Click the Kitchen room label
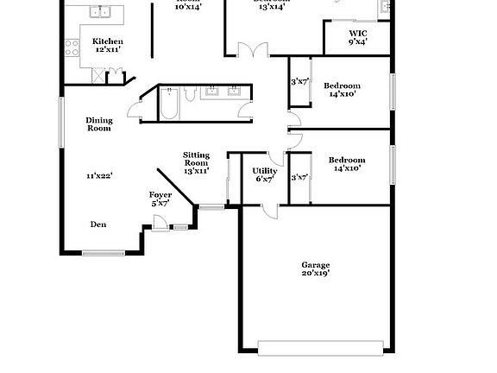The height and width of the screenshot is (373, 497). (x=108, y=41)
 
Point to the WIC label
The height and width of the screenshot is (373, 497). (x=357, y=33)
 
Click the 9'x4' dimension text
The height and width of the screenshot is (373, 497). (x=357, y=41)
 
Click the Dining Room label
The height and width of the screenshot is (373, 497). (x=98, y=124)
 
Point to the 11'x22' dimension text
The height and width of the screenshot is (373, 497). (x=99, y=176)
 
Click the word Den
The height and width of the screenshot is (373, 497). (x=98, y=224)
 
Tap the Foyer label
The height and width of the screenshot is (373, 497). (x=160, y=195)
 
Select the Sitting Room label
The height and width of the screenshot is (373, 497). (x=196, y=159)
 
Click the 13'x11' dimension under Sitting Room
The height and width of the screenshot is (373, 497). (x=196, y=171)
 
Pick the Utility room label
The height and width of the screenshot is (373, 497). (x=264, y=171)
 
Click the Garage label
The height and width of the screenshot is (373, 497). (x=315, y=265)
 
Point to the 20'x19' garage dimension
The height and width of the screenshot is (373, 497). (x=315, y=274)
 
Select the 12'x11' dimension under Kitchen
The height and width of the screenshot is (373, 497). (x=108, y=50)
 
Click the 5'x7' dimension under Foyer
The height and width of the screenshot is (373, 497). (x=160, y=204)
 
